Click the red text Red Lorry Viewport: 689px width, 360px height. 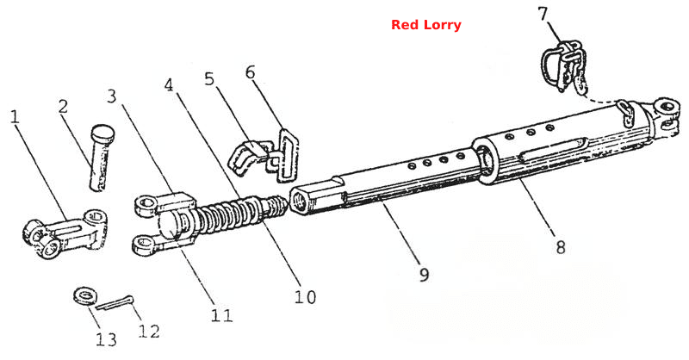point(425,25)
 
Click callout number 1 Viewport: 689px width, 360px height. point(15,117)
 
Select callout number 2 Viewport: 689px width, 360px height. point(63,107)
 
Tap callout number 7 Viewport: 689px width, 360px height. point(543,14)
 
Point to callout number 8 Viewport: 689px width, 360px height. point(561,247)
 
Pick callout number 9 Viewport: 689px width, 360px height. point(424,274)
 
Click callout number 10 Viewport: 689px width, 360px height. point(305,297)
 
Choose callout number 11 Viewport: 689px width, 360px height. point(221,315)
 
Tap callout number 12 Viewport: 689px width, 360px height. point(149,331)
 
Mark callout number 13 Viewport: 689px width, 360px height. point(106,339)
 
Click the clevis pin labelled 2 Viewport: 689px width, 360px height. point(101,158)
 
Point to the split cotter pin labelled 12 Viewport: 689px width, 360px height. point(115,303)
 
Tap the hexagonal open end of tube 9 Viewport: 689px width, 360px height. point(303,202)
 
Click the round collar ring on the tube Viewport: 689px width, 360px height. point(485,161)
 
